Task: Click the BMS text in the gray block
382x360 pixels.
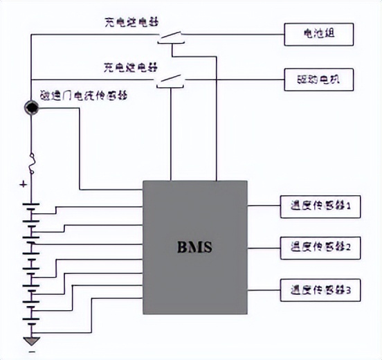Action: point(194,246)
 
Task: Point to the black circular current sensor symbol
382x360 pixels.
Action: point(31,108)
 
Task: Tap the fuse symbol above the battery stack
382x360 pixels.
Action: point(31,164)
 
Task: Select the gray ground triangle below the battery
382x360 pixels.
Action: point(31,340)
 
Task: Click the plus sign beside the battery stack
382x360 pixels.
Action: point(23,185)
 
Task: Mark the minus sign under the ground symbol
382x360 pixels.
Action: point(30,354)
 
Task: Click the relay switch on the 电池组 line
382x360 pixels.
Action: point(170,35)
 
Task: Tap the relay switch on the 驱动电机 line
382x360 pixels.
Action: point(170,81)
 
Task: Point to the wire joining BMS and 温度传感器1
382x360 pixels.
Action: point(264,206)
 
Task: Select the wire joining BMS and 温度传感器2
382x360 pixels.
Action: point(264,246)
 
